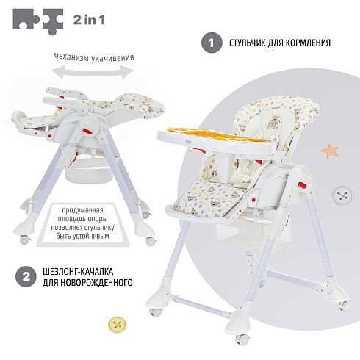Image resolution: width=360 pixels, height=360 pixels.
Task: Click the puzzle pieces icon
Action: (38, 21)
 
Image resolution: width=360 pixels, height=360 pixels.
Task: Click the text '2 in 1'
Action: (89, 20)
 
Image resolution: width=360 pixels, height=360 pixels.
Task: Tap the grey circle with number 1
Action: (212, 43)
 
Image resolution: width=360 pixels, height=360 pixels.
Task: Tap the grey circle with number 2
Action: (26, 276)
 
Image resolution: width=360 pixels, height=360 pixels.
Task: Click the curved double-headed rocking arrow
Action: (93, 72)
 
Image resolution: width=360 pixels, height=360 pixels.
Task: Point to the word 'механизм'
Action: (71, 57)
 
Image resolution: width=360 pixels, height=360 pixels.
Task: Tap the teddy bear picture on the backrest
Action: (273, 121)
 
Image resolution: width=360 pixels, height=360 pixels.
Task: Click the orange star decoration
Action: (330, 151)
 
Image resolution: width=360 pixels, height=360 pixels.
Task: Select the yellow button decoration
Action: (118, 325)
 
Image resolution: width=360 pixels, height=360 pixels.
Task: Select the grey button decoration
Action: (343, 195)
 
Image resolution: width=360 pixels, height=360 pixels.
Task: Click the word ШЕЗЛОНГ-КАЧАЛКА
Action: (78, 272)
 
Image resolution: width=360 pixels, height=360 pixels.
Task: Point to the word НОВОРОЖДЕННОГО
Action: (96, 282)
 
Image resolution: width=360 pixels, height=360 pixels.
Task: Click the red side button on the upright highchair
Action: (302, 185)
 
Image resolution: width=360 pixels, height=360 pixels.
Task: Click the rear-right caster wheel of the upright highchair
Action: (344, 306)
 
